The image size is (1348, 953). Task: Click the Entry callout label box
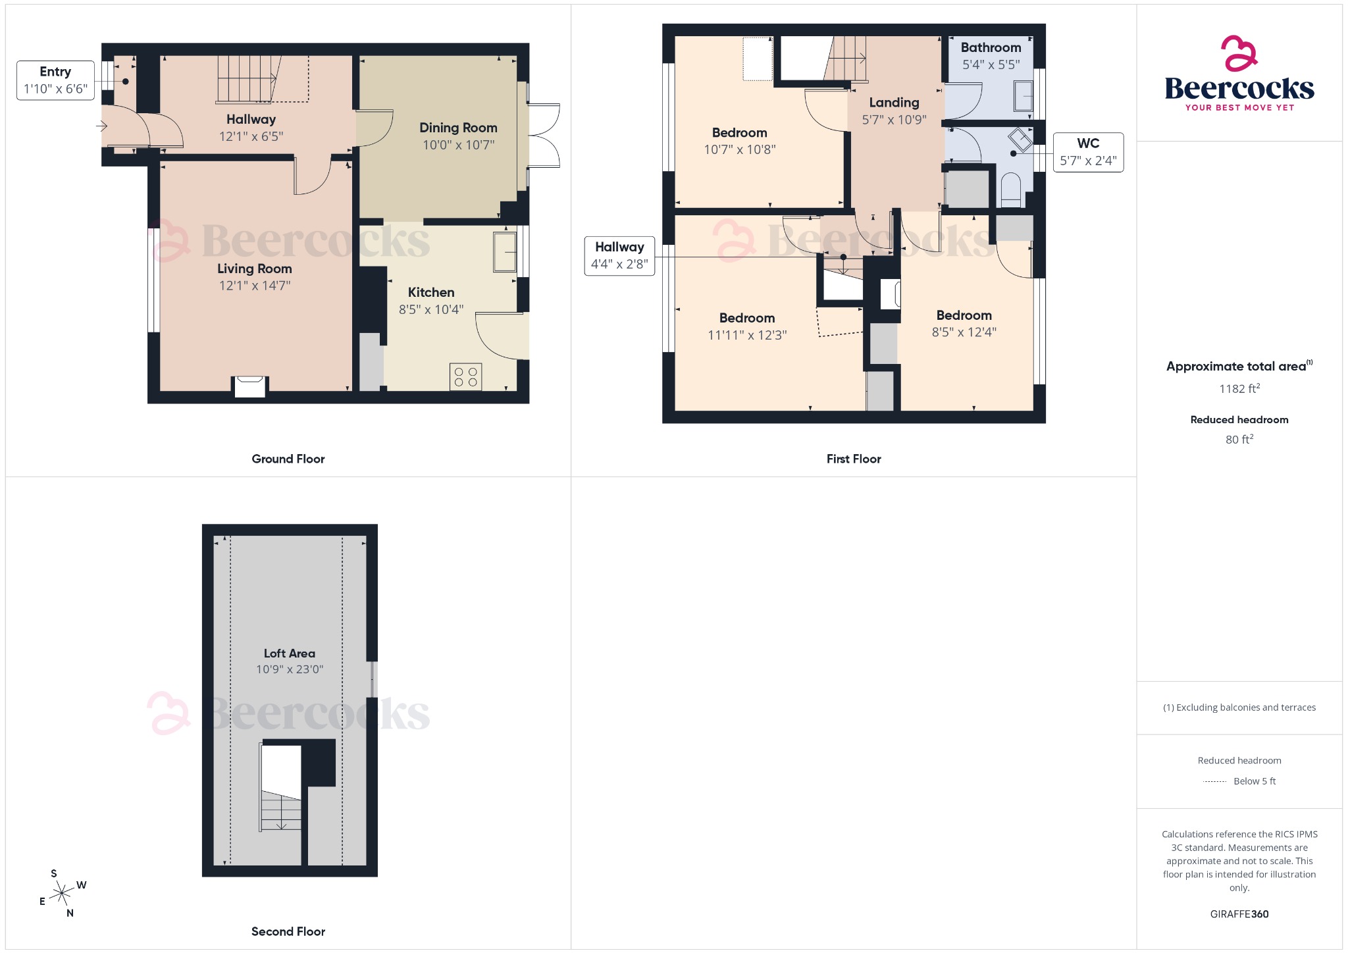[55, 80]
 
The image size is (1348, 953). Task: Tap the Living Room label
[255, 269]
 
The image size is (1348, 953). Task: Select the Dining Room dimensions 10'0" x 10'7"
[458, 145]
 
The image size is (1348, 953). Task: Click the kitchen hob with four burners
[466, 377]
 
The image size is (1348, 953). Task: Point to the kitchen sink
[505, 251]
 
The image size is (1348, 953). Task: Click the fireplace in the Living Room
[250, 386]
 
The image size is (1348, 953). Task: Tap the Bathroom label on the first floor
[991, 47]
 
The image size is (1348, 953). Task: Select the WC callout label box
[1088, 152]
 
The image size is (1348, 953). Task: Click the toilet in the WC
[1010, 188]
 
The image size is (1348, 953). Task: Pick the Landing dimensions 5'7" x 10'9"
[894, 120]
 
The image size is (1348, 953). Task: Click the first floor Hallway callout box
[619, 255]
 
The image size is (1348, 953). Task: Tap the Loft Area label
[290, 654]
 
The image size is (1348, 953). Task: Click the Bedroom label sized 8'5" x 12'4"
[964, 315]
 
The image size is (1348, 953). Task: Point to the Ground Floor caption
[288, 459]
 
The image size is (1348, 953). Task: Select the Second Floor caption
[288, 931]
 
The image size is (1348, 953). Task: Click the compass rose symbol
[63, 893]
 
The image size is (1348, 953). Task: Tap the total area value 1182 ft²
[1239, 388]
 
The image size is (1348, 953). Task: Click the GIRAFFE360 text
[1239, 914]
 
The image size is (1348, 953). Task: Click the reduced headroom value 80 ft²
[1239, 439]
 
